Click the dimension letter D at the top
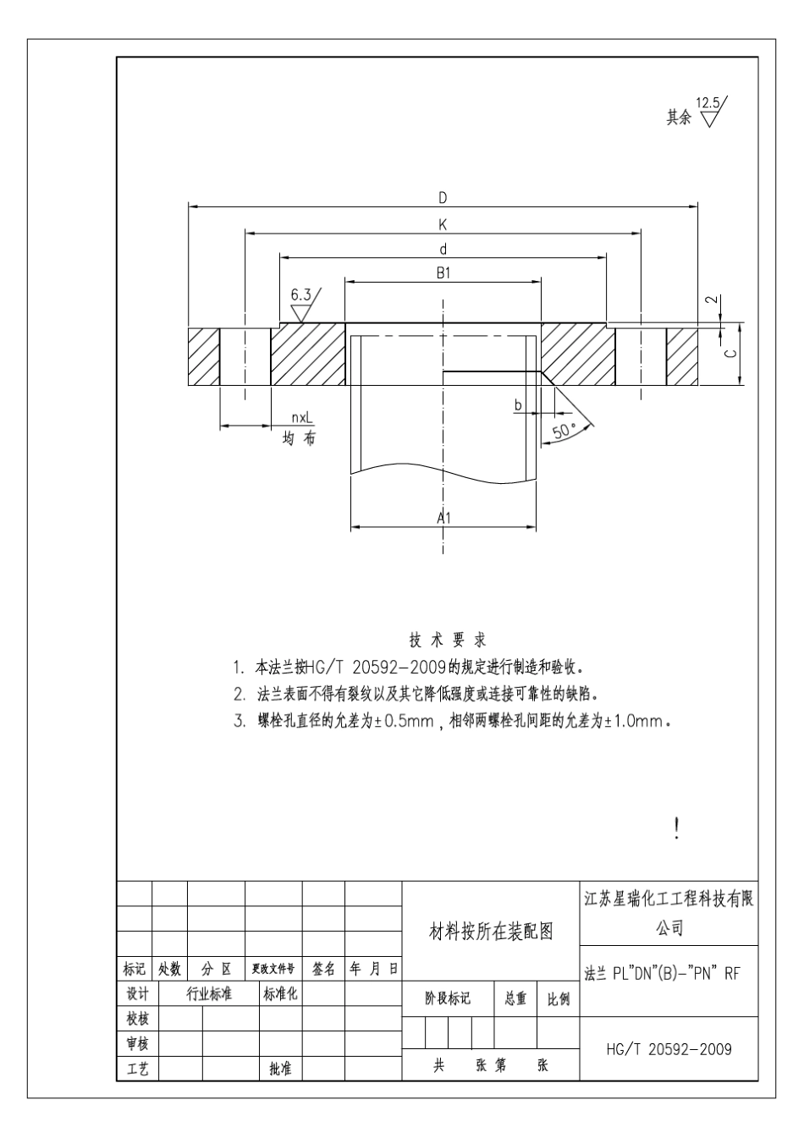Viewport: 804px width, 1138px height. click(443, 198)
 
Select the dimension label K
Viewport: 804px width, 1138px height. click(443, 224)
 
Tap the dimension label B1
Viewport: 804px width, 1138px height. click(443, 273)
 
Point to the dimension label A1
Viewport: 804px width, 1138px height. click(443, 517)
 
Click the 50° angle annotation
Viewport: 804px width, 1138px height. click(563, 431)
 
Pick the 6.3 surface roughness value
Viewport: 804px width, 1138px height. click(300, 295)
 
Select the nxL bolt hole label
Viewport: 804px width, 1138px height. click(301, 418)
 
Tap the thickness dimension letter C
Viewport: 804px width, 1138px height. click(732, 354)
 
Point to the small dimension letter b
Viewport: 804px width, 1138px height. click(519, 405)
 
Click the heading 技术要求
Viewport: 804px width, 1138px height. click(448, 640)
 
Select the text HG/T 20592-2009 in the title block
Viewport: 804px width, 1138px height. click(669, 1049)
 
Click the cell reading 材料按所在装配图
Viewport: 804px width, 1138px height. click(491, 932)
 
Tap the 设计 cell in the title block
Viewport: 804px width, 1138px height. click(137, 993)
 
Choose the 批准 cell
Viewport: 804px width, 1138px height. click(280, 1069)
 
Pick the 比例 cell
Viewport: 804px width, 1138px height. click(558, 999)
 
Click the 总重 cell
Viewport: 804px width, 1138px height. click(515, 999)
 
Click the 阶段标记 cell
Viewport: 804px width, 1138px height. click(447, 999)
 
